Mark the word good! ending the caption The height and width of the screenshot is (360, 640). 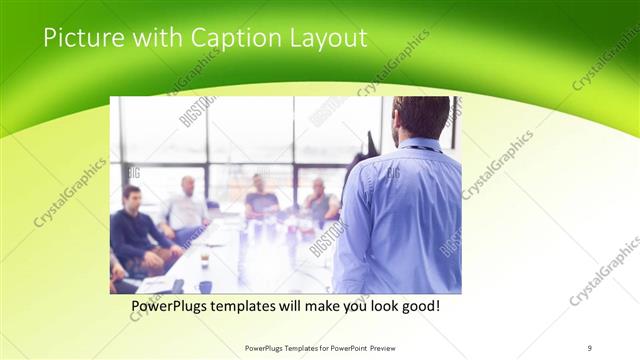pyautogui.click(x=418, y=305)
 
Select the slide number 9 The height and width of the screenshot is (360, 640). pyautogui.click(x=589, y=347)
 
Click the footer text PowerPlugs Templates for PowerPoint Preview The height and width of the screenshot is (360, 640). pyautogui.click(x=319, y=347)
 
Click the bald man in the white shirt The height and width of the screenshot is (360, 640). pyautogui.click(x=186, y=205)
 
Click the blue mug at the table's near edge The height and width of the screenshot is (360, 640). pyautogui.click(x=205, y=286)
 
